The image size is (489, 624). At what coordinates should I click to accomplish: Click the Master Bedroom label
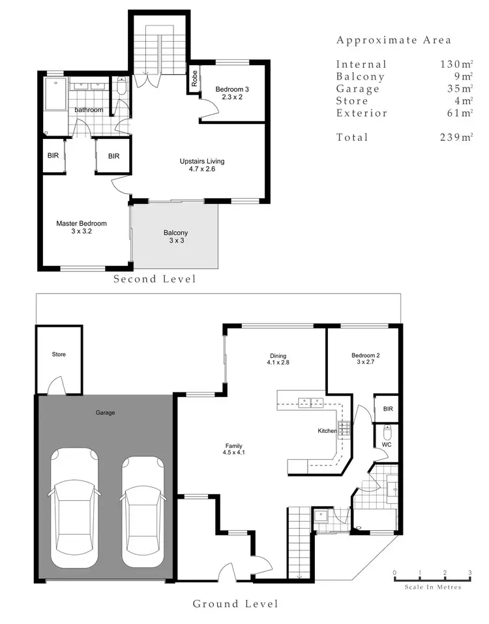[x=81, y=228]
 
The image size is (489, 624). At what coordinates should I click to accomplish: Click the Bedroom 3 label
[x=232, y=93]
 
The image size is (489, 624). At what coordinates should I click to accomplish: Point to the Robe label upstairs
[x=194, y=80]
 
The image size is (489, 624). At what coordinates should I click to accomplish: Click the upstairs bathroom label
[x=88, y=110]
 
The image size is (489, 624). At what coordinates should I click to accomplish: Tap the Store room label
[x=59, y=355]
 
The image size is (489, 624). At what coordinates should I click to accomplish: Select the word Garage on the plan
[x=105, y=412]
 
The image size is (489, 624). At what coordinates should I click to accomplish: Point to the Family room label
[x=233, y=449]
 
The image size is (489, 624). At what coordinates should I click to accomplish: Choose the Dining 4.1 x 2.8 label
[x=278, y=360]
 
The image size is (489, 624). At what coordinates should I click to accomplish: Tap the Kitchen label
[x=327, y=431]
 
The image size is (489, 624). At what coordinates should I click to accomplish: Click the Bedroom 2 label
[x=365, y=359]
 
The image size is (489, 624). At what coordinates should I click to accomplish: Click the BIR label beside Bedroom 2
[x=387, y=409]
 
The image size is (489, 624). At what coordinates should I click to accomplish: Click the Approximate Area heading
[x=393, y=40]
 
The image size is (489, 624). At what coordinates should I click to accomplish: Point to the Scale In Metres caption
[x=432, y=587]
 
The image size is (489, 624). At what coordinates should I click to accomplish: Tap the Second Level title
[x=155, y=279]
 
